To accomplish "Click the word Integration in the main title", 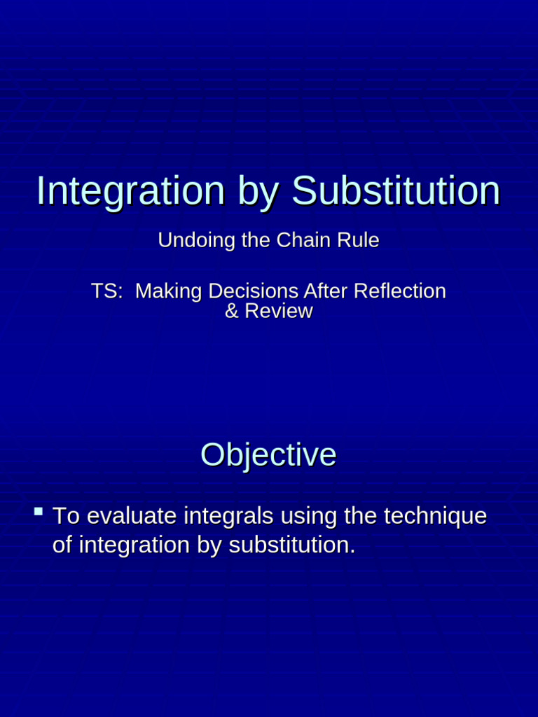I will pyautogui.click(x=130, y=190).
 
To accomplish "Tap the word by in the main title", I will pyautogui.click(x=258, y=192).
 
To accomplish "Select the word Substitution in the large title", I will pyautogui.click(x=396, y=190).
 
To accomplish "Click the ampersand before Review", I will pyautogui.click(x=232, y=312).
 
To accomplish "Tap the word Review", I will pyautogui.click(x=278, y=312).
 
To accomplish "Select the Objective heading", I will pyautogui.click(x=268, y=454).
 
